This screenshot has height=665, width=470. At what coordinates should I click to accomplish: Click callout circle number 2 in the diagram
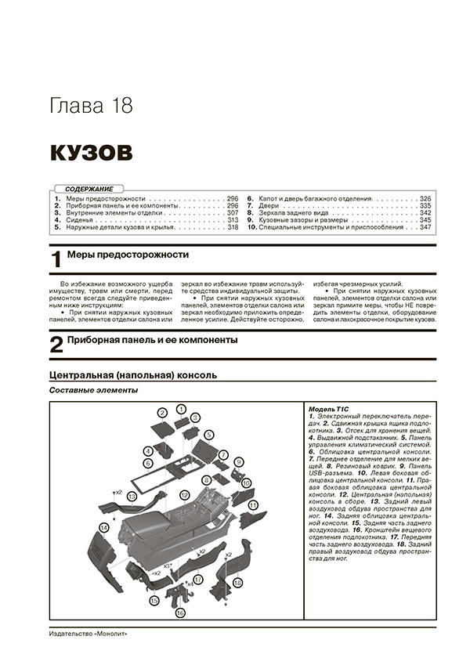(x=163, y=413)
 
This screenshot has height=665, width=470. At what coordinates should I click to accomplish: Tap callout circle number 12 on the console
(x=184, y=495)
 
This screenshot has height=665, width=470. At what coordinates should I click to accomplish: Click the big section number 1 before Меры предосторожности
(x=56, y=261)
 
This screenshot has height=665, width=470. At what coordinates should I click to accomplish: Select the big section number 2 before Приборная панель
(x=56, y=345)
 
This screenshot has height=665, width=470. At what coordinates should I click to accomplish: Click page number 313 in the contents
(x=231, y=220)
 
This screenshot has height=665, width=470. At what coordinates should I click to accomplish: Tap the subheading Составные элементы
(x=93, y=390)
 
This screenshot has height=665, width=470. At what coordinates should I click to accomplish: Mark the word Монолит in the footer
(x=110, y=634)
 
